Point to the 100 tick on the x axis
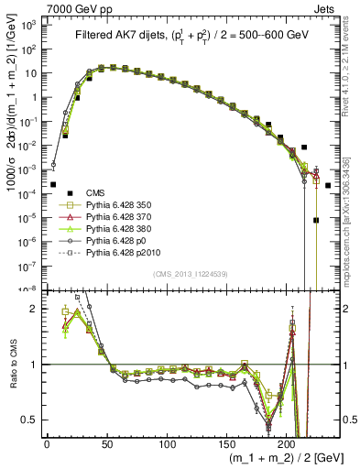(x=167, y=445)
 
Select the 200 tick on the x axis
(x=287, y=445)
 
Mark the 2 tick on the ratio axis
(x=35, y=309)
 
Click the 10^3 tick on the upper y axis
(x=30, y=25)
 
